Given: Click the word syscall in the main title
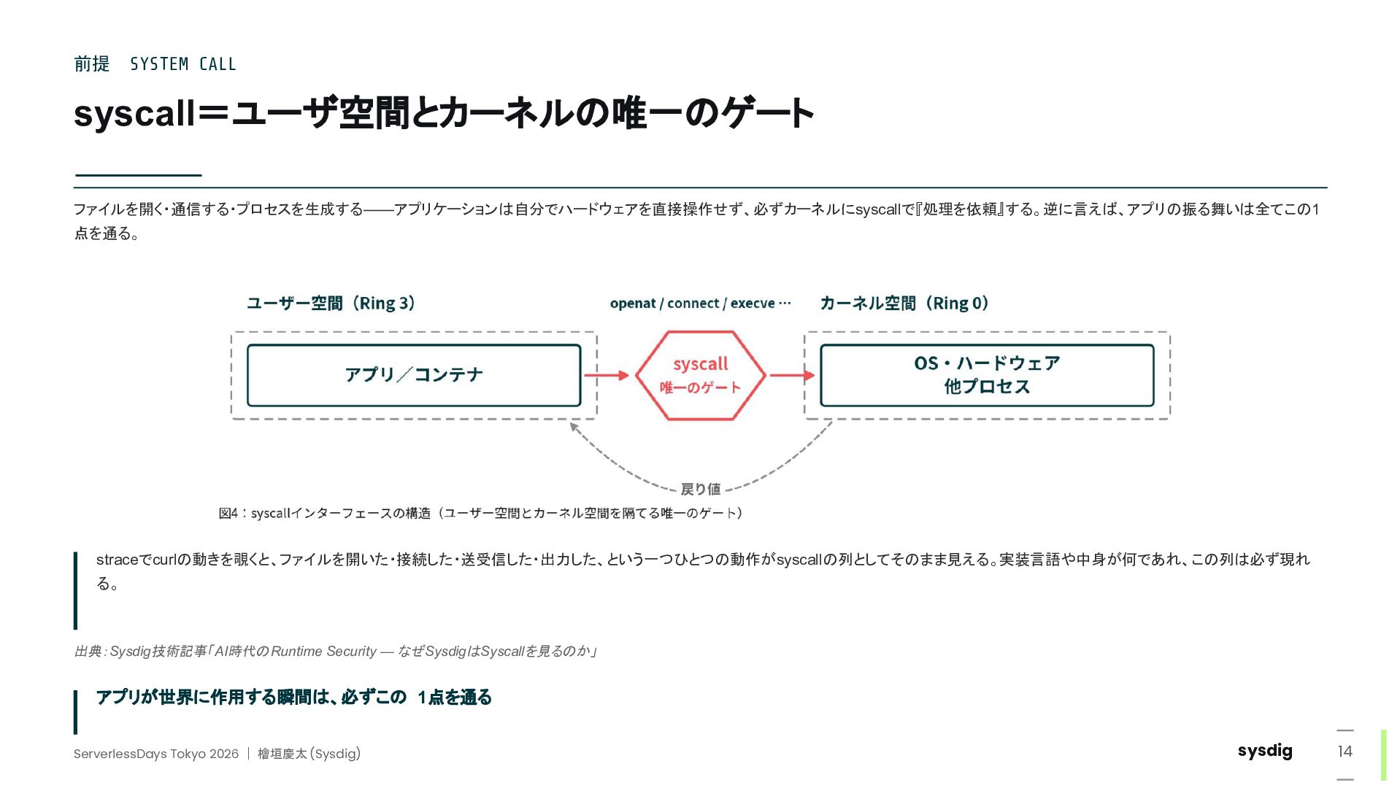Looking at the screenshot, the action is pos(135,114).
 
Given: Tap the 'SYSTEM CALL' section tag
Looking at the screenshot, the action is pos(183,64).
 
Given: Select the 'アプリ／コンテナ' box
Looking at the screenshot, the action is pos(414,375).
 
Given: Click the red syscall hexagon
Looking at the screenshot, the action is pos(701,375).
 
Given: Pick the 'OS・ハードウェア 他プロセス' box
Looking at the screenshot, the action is pos(987,375).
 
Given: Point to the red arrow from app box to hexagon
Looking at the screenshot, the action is pos(607,375).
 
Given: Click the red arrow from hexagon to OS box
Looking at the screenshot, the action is pos(792,375).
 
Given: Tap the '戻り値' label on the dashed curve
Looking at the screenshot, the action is pos(701,489).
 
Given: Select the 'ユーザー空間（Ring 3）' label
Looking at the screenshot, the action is pos(331,303).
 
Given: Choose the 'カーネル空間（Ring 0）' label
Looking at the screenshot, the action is pos(904,303).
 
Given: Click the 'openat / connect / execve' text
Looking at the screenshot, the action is pos(693,304).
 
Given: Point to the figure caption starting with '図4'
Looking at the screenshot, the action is pos(480,513).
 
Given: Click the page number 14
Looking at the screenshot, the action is pos(1345,752).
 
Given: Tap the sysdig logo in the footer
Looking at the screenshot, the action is pos(1265,751).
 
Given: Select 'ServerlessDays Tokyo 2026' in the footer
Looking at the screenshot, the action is pos(156,754).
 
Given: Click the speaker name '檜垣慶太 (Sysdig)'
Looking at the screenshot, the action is pos(309,754).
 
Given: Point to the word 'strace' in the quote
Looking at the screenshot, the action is pos(118,560).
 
